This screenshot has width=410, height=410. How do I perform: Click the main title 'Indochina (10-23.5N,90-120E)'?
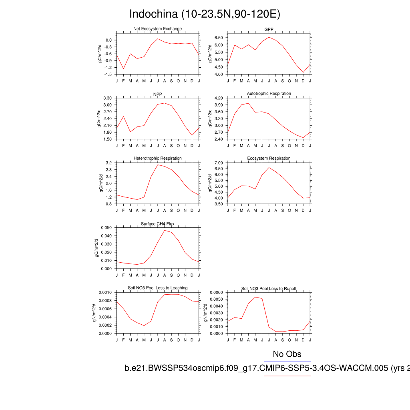(205, 14)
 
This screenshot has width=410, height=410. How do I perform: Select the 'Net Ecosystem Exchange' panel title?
(157, 29)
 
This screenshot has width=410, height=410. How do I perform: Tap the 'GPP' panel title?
(269, 29)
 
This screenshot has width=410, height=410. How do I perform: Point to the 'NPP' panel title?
(157, 94)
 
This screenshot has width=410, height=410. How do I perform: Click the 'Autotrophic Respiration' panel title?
(269, 94)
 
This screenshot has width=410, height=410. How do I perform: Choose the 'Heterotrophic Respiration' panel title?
(157, 159)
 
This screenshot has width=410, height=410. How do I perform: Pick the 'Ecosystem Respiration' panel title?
(269, 159)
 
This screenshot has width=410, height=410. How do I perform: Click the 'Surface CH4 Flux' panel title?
(157, 224)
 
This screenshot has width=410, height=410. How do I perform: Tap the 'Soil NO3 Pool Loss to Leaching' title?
(157, 288)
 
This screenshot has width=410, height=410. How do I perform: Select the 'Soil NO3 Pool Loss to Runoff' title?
(269, 289)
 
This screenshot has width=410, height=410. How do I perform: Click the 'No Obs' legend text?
(287, 354)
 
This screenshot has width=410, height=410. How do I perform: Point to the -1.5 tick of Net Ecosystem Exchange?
(108, 75)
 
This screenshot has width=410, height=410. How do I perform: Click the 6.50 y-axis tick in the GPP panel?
(219, 38)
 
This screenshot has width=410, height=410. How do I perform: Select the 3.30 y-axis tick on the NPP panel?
(107, 98)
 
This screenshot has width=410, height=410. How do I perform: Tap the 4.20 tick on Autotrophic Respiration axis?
(219, 98)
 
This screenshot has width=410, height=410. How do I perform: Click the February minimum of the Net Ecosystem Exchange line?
(123, 69)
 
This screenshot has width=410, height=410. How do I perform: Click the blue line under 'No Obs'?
(287, 362)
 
